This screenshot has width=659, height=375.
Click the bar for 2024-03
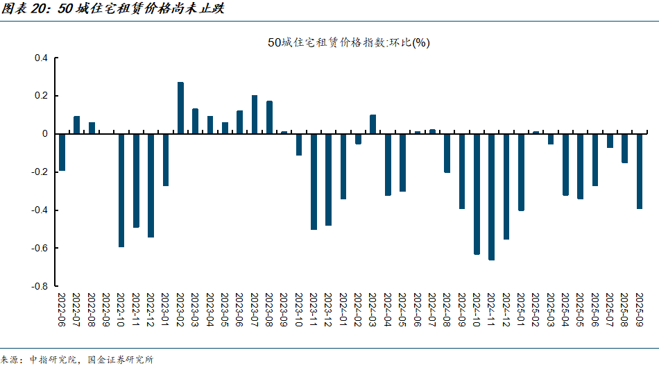coord(373,124)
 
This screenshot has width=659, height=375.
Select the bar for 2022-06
coord(62,152)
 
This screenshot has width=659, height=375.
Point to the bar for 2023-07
coord(255,115)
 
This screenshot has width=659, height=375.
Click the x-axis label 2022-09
coord(106,310)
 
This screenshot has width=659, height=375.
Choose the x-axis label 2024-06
coord(418,310)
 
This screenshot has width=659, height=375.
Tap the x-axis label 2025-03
coord(551,310)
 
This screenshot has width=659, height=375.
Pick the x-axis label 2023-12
coord(329,310)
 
